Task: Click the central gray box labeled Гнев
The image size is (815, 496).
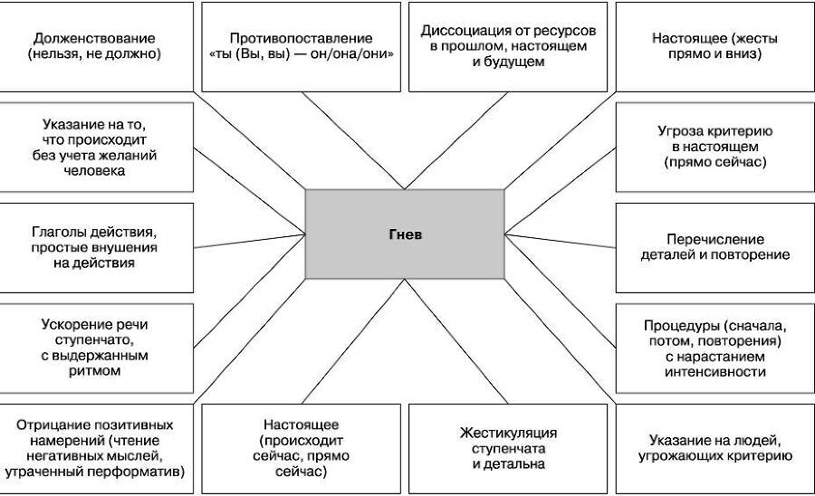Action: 405,234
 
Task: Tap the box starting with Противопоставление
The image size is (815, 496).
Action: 301,46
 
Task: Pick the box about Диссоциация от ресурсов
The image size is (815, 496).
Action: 508,46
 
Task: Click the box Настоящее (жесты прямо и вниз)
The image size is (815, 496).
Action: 714,46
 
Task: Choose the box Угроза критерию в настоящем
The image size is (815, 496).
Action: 714,147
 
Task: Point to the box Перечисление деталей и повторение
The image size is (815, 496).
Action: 714,247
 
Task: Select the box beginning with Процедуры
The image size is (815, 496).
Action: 714,348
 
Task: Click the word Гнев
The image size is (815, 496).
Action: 405,234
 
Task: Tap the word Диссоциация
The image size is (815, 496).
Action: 462,30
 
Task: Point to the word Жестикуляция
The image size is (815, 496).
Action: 508,432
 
